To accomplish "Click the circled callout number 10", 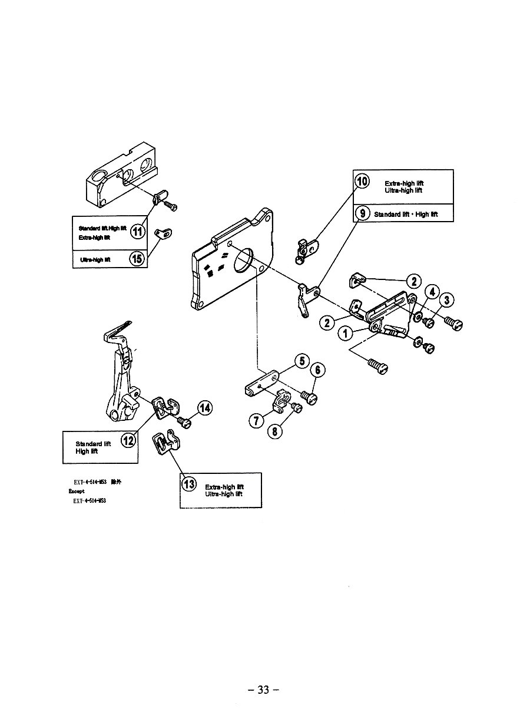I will tap(361, 181).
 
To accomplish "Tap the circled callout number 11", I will tap(137, 230).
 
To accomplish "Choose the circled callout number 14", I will tap(205, 408).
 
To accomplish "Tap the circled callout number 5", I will tap(301, 361).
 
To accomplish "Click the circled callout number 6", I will tap(318, 370).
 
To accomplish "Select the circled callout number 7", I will tap(256, 421).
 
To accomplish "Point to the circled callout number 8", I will tap(276, 431).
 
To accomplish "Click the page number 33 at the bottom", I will tap(263, 690).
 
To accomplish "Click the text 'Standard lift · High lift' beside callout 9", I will tap(406, 214).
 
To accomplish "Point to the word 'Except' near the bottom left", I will tap(77, 491).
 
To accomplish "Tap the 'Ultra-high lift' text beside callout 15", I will tap(95, 259).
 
